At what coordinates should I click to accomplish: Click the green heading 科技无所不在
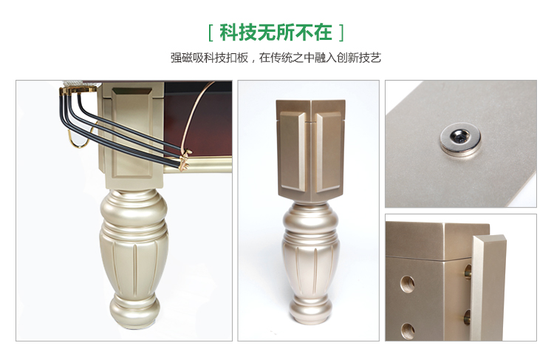pos(276,33)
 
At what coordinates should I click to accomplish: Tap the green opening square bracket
pos(211,33)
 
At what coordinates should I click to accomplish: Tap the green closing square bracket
pos(341,33)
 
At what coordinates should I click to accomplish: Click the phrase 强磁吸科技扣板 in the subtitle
pos(210,57)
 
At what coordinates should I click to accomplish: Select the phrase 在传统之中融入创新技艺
pos(320,57)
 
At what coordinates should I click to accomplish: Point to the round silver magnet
pos(460,139)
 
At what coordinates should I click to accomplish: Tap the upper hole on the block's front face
pos(407,283)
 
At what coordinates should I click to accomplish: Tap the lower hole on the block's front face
pos(407,331)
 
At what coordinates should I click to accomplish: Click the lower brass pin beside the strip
pos(468,317)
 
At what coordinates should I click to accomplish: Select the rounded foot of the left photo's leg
pos(134,311)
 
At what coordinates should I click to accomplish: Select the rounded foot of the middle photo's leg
pos(310,310)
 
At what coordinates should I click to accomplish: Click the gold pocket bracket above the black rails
pos(78,90)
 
